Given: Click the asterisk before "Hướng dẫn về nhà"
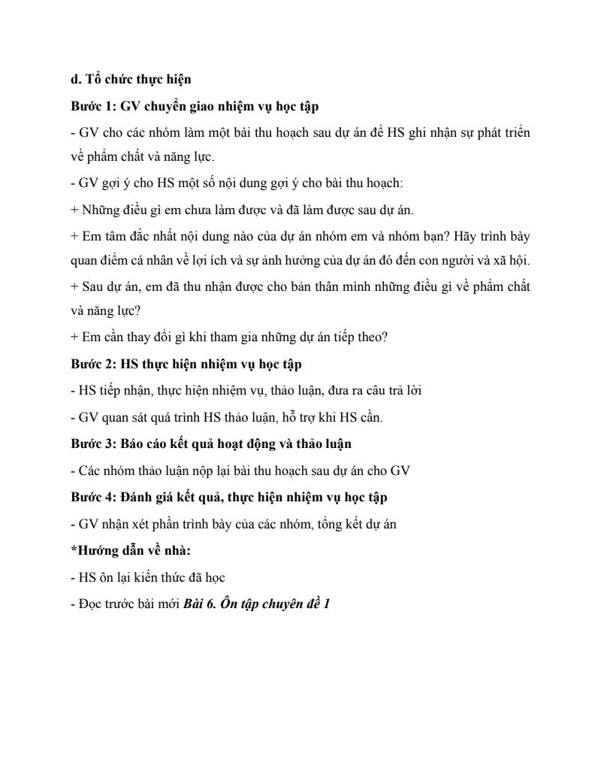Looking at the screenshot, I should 73,551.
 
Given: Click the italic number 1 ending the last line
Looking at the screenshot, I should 327,603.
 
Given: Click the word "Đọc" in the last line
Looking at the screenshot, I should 90,603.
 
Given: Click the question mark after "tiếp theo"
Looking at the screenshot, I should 385,338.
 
